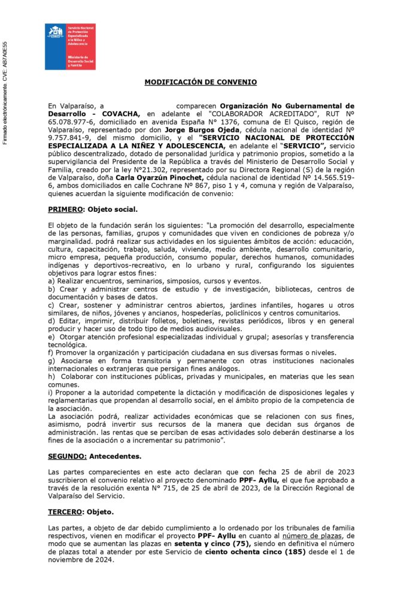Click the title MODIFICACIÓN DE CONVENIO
pos(200,82)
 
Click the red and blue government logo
pos(70,47)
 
